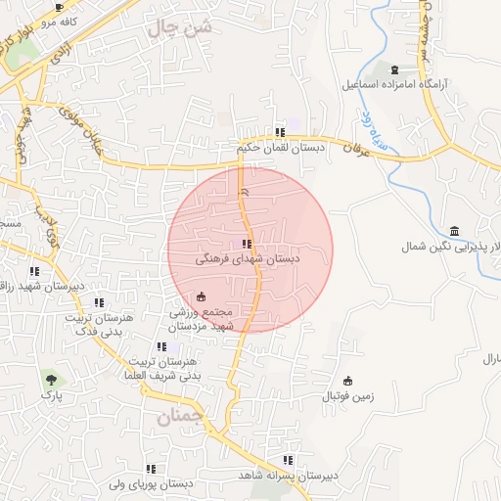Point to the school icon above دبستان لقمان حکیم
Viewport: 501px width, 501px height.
[x=281, y=132]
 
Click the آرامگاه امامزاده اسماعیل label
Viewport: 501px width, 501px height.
[x=394, y=84]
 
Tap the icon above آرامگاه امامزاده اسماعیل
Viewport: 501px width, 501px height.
[x=394, y=68]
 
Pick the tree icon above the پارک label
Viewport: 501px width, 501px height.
[x=50, y=378]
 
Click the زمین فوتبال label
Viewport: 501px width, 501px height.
[x=348, y=397]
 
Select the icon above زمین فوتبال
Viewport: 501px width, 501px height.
[x=348, y=381]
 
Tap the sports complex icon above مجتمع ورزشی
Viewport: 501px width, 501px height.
[x=202, y=296]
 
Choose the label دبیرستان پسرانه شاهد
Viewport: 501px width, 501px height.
[x=288, y=476]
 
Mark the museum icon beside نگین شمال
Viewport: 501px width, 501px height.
[x=455, y=231]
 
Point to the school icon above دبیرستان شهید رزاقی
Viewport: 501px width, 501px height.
[x=35, y=272]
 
